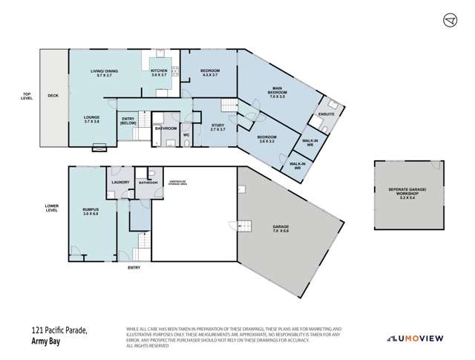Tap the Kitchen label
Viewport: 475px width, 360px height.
(160, 73)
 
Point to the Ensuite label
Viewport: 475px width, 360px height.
(327, 114)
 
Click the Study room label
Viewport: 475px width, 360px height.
(217, 127)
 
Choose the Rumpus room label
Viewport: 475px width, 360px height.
(91, 212)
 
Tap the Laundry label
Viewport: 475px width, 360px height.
(120, 182)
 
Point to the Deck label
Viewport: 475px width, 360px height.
(53, 96)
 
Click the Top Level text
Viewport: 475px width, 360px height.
(27, 95)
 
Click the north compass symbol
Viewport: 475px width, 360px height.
(448, 19)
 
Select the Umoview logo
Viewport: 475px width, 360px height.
(419, 338)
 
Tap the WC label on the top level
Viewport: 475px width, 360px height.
(187, 135)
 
